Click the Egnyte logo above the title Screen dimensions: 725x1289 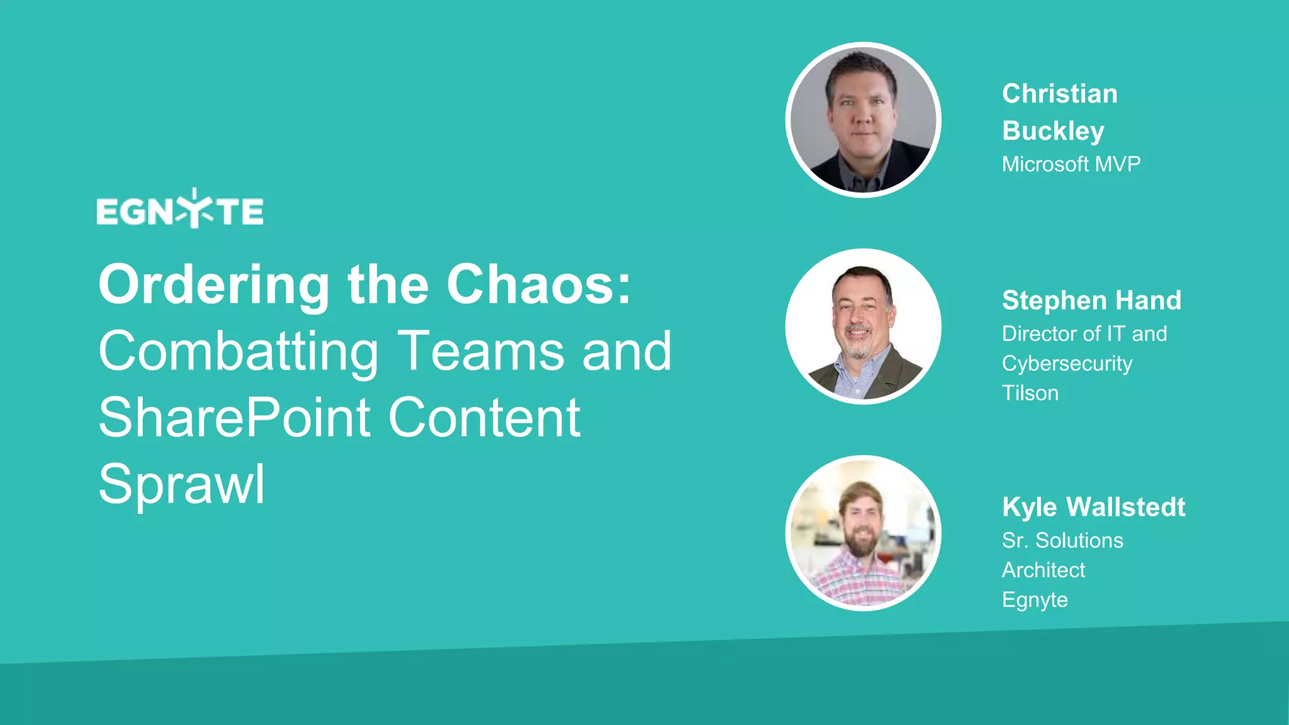180,210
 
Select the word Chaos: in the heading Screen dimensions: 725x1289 539,285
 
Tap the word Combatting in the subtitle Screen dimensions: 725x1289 239,351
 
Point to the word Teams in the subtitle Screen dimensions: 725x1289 482,351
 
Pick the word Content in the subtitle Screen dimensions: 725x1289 484,417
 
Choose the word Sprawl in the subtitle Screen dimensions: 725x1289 182,485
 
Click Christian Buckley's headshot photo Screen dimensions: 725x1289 864,120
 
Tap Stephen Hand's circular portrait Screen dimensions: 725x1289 864,327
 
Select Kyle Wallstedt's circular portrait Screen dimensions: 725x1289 864,533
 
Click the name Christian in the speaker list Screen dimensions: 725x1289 1060,94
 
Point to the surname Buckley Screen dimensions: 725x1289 1053,131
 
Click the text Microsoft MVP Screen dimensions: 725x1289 1071,164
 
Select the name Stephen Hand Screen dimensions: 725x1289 1091,300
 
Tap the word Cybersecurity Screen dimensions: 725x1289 1067,364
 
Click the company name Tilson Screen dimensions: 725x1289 1030,393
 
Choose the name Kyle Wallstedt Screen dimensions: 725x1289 1094,507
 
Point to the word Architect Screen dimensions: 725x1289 1044,570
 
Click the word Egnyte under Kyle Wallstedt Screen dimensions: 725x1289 1035,600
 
